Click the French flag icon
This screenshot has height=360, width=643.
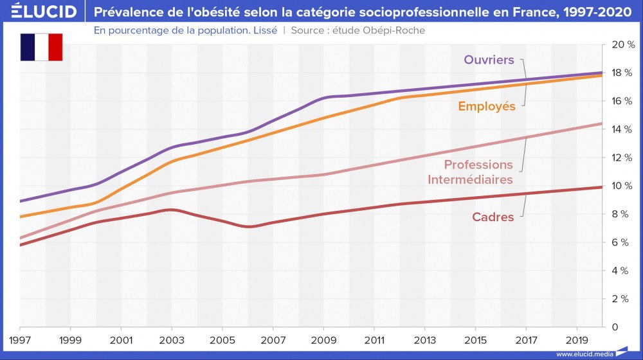42,47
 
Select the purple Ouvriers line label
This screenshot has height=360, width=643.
489,60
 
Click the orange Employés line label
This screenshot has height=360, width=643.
487,107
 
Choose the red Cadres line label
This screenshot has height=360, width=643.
493,217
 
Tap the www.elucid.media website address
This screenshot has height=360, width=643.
584,354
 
